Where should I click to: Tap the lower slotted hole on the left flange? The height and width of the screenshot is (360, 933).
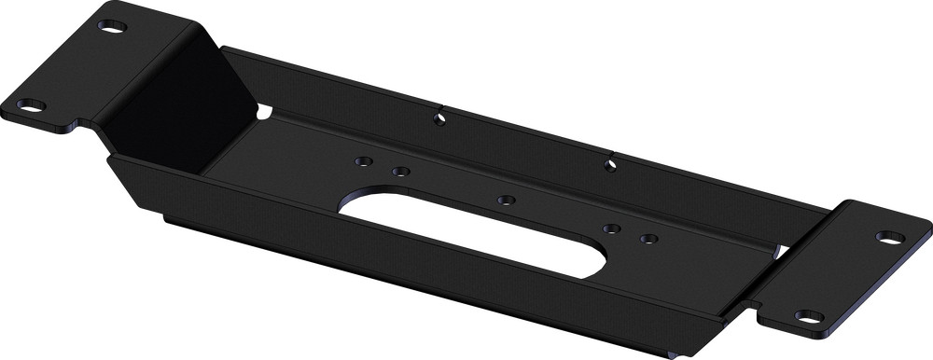pos(31,105)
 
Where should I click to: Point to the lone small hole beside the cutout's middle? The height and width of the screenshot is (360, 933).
pos(506,200)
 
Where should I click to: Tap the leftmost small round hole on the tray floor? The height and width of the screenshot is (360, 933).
pos(360,160)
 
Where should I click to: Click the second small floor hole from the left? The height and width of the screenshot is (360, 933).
pos(399,171)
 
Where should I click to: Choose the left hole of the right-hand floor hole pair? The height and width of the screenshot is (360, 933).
pos(610,228)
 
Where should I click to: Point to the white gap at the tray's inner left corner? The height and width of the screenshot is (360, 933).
pos(268,112)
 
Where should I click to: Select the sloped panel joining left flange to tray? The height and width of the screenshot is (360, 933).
pos(159,93)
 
